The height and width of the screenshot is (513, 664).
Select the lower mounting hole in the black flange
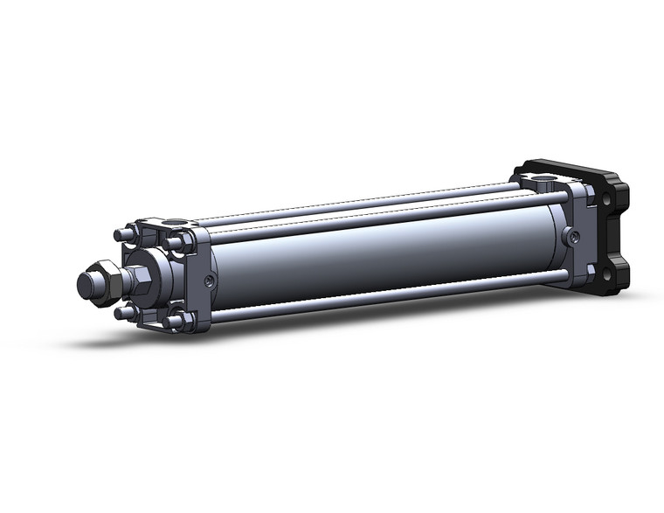pyautogui.click(x=604, y=271)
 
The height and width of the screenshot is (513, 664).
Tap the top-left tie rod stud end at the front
pyautogui.click(x=120, y=234)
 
